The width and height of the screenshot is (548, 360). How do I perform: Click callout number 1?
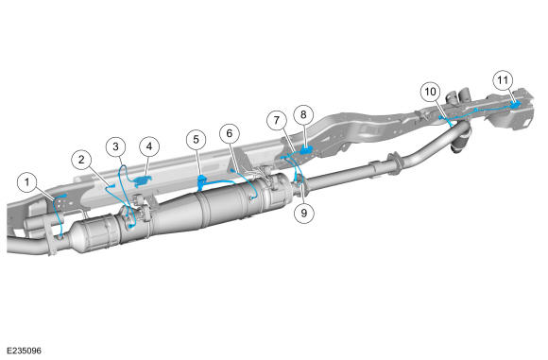(27, 183)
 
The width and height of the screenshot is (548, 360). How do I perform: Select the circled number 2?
(81, 160)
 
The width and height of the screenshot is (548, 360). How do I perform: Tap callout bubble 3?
(115, 146)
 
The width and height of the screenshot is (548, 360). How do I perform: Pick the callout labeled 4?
(149, 146)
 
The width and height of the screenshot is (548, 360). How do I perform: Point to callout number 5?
(197, 140)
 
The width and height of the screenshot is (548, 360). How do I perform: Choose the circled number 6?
(230, 133)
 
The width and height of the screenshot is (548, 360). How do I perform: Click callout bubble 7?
(277, 121)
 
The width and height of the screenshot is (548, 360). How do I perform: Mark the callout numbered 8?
(303, 114)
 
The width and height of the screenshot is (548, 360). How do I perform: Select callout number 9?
(303, 213)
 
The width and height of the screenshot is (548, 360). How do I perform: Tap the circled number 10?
(430, 92)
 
